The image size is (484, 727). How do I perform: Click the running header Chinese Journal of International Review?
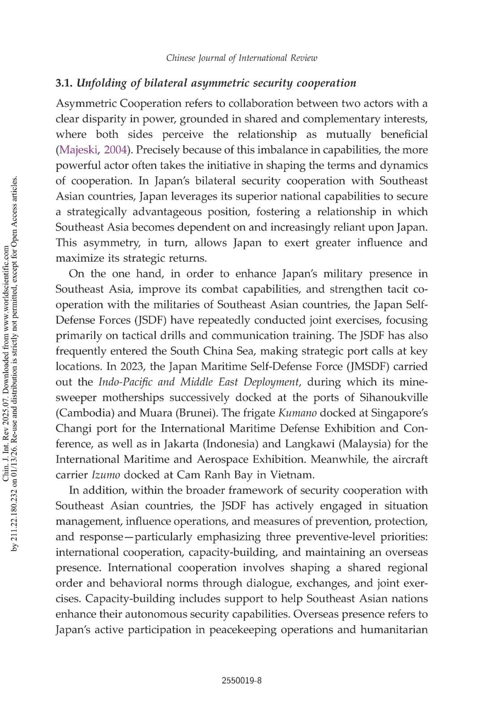242,58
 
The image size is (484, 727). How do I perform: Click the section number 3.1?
65,83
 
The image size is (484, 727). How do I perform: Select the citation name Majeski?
78,150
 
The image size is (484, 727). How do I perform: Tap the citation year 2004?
116,150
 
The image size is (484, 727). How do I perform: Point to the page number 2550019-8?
242,680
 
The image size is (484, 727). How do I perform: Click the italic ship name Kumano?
298,413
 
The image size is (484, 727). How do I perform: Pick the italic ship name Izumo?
106,475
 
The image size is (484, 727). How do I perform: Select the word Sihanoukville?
393,398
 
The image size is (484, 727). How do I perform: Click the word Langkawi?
310,444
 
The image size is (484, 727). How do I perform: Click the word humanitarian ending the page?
394,630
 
